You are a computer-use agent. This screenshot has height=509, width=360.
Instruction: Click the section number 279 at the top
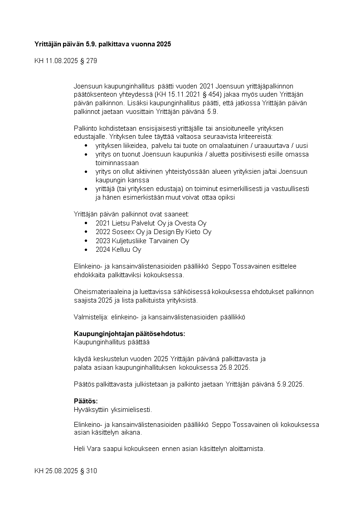point(91,60)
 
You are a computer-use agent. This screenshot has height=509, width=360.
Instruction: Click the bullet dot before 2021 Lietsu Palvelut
point(86,223)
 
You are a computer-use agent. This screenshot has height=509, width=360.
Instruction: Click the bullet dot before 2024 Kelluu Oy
point(86,250)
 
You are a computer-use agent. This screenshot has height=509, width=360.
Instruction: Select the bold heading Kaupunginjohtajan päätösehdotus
point(129,333)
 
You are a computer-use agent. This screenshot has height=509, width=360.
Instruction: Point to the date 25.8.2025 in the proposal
point(234,367)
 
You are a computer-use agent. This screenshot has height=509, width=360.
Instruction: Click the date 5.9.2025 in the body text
point(289,384)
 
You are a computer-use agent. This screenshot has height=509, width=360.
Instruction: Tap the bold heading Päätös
point(86,401)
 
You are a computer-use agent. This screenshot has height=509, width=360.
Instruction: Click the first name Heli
point(80,449)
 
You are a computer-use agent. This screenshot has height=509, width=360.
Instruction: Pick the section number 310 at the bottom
point(91,471)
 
